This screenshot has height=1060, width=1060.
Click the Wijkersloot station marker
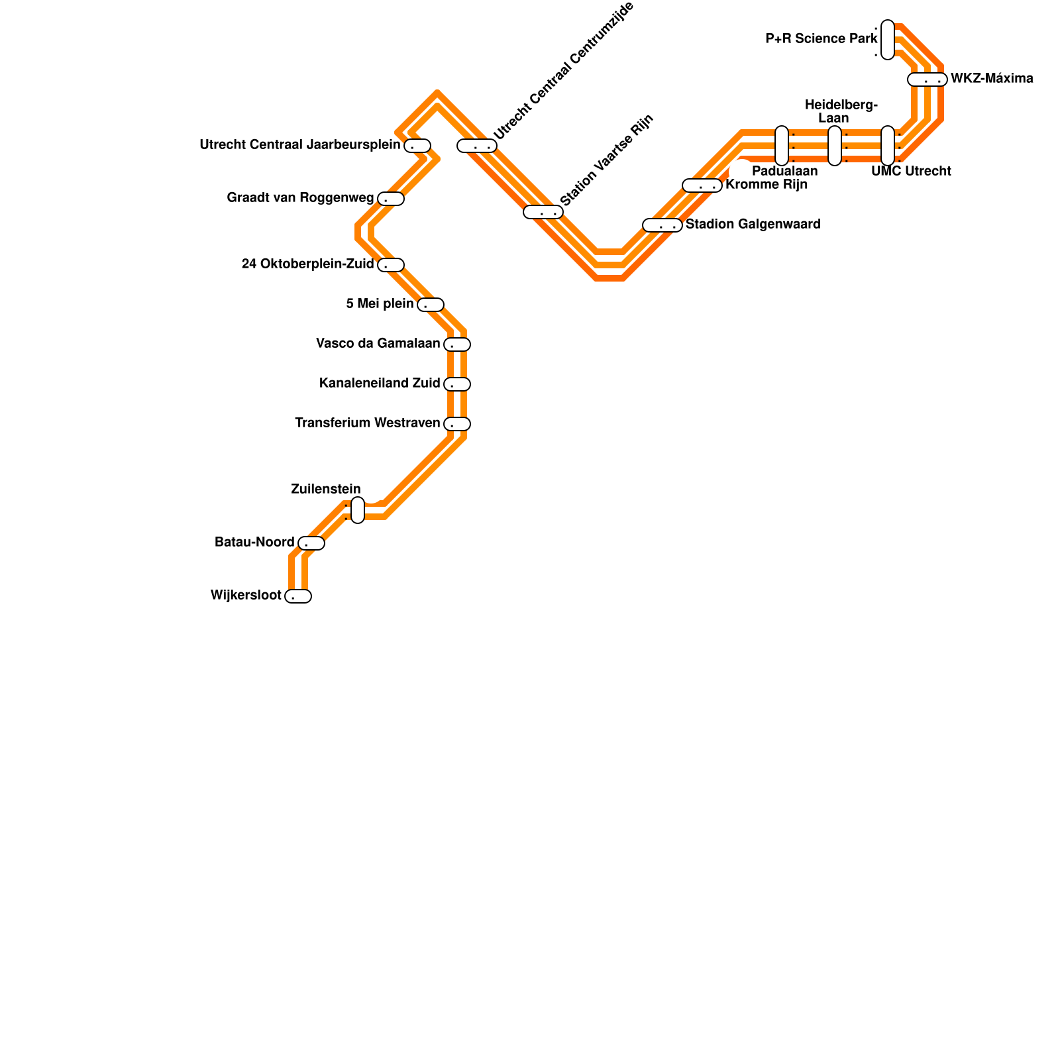click(298, 596)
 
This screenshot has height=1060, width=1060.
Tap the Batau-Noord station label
click(254, 543)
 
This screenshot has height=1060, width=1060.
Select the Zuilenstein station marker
click(358, 510)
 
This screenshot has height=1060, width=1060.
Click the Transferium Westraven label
click(368, 423)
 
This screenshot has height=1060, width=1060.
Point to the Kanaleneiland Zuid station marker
click(457, 384)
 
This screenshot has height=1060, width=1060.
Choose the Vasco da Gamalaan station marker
click(457, 344)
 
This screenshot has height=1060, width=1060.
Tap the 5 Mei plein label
click(380, 304)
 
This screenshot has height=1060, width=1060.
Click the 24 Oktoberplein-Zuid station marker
click(391, 265)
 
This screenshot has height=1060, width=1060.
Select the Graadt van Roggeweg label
click(300, 198)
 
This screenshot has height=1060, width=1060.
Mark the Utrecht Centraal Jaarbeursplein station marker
click(417, 146)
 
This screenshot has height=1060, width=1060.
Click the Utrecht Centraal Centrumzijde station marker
click(477, 146)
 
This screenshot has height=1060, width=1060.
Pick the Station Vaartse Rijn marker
click(543, 212)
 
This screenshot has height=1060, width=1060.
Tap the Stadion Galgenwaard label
click(753, 225)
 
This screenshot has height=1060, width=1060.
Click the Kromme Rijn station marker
click(702, 185)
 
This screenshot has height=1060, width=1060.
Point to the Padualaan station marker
click(782, 146)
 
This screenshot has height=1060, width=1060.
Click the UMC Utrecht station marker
click(888, 146)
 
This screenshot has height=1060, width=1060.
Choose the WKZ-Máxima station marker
click(927, 79)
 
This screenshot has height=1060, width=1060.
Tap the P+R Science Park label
click(821, 39)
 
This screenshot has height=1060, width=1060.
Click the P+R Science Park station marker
click(888, 40)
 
